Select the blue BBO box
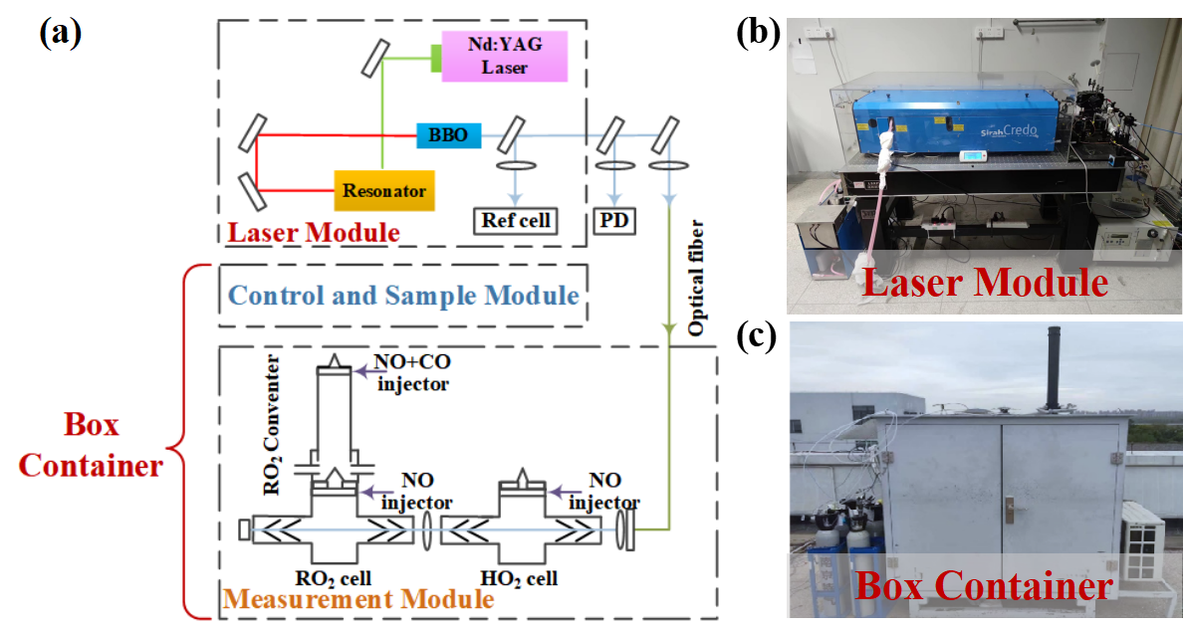449,134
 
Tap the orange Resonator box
384,189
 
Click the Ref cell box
515,220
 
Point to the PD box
614,220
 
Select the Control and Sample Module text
403,296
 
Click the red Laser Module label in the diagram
314,233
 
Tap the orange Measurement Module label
358,599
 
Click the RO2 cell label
334,578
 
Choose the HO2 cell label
519,578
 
